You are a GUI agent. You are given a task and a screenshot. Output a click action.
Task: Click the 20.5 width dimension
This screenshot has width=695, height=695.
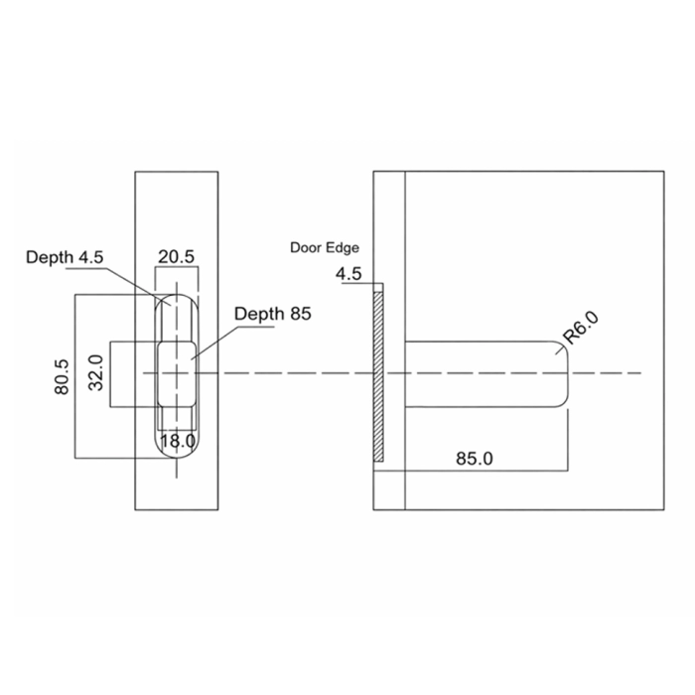click(x=176, y=256)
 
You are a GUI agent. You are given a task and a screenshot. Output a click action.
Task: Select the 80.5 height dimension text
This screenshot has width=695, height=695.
click(x=62, y=377)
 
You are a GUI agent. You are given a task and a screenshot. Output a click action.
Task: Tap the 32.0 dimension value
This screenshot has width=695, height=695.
click(x=97, y=373)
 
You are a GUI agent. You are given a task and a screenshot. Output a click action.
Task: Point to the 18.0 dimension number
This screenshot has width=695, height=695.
click(x=178, y=440)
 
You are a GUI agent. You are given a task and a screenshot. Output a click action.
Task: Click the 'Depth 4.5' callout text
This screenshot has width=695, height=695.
click(x=64, y=257)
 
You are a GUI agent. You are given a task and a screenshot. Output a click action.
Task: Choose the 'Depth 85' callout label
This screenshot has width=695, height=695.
click(x=273, y=314)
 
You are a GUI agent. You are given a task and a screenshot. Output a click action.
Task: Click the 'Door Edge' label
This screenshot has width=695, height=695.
click(x=325, y=247)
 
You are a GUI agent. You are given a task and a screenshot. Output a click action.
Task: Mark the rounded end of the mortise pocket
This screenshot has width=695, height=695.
click(x=561, y=373)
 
